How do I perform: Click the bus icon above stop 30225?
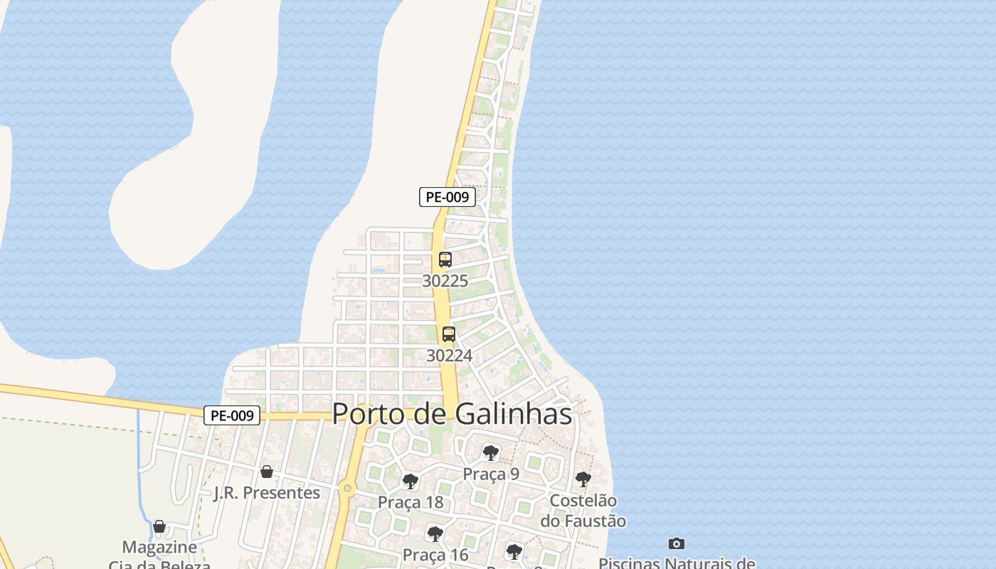pos(445,260)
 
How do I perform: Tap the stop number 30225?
pos(445,281)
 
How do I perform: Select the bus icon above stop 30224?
pos(449,334)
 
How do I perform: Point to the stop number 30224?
pos(449,355)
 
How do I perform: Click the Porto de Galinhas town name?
pos(452,414)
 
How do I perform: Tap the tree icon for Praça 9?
pos(490,453)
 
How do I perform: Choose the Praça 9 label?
pos(491,474)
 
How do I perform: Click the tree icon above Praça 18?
pos(410,482)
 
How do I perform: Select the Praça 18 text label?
pos(410,502)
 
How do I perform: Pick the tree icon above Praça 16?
pos(435,533)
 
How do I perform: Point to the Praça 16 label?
pos(435,554)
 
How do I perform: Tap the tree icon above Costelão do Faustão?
pos(583,479)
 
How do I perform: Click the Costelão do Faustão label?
pos(583,511)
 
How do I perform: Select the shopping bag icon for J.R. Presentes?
pos(267,471)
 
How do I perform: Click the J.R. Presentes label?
pos(267,492)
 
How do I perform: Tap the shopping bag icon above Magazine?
pos(159,526)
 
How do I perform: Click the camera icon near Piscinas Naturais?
pos(677,543)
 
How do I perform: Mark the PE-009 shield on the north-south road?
pos(447,197)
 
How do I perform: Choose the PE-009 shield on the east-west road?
pos(232,415)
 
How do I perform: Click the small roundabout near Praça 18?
pos(347,488)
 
